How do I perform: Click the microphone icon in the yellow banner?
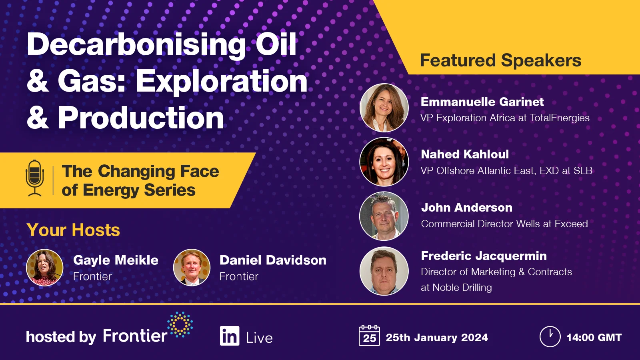35,178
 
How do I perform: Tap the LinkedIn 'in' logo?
230,336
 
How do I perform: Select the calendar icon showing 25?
369,336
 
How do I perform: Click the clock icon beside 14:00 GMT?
550,336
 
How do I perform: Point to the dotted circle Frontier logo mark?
180,324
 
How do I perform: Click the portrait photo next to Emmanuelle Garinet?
384,108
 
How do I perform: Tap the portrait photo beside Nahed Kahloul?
384,162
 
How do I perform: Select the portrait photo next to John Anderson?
384,216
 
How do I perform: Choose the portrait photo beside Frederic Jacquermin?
384,271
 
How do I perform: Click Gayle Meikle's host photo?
45,268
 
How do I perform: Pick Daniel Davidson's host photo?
192,268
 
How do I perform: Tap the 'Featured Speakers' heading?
500,60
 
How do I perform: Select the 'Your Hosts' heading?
73,230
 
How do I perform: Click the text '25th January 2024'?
437,338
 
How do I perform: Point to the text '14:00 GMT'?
594,338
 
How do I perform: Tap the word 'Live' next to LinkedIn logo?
259,338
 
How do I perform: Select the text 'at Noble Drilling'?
456,288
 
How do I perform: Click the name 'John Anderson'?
466,208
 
